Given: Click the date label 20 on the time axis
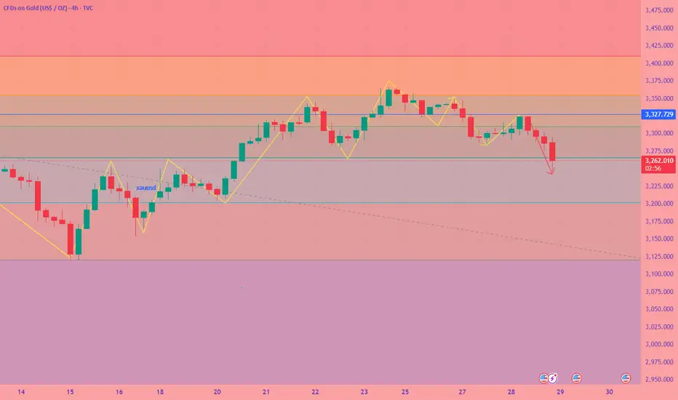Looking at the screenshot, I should click(218, 391).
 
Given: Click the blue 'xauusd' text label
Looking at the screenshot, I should click(146, 188).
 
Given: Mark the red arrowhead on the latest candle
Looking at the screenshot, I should click(552, 172).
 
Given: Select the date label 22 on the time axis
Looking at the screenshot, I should click(314, 391).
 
